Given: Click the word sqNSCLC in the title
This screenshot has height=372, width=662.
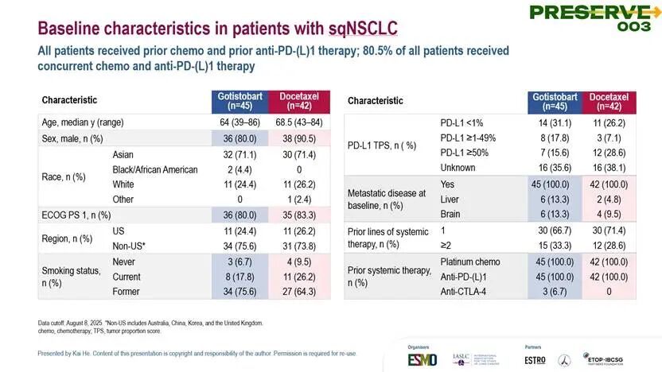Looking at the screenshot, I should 363,29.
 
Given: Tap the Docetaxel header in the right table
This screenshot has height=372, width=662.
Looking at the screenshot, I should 608,101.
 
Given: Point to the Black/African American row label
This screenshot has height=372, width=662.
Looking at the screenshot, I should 154,169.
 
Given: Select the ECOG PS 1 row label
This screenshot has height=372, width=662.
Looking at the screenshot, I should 76,215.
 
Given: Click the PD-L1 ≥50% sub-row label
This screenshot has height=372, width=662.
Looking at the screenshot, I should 468,153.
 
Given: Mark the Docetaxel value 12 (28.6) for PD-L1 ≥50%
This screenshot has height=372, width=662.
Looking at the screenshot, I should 608,153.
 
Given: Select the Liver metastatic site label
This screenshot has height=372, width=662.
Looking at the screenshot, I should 450,200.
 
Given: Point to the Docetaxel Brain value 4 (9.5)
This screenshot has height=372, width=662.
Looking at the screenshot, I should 608,215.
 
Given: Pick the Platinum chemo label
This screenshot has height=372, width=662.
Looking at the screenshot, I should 470,262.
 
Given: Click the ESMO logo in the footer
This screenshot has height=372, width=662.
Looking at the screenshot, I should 422,358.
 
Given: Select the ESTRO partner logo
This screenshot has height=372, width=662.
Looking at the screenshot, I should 535,358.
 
